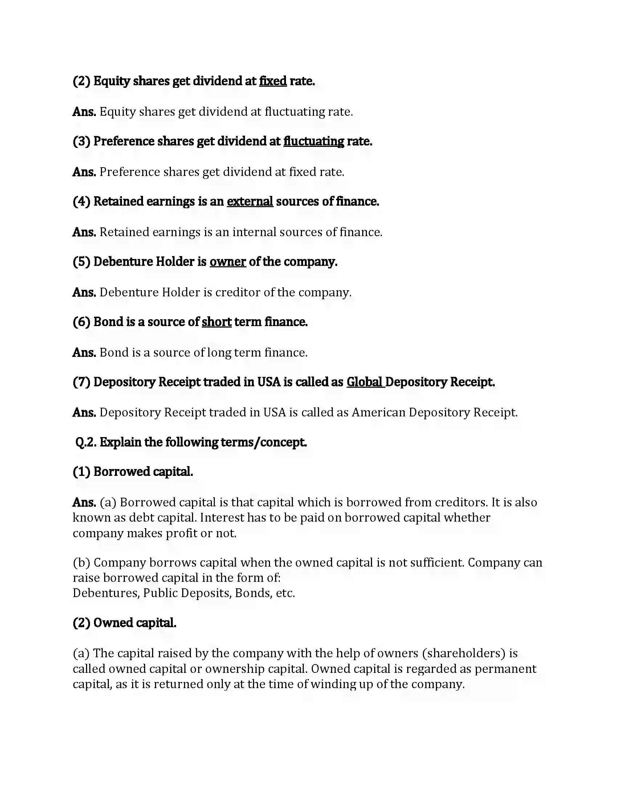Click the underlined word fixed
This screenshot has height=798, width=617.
tap(273, 81)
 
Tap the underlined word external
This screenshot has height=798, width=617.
tap(250, 201)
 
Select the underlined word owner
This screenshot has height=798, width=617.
tap(227, 262)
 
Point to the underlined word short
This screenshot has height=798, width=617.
tap(216, 322)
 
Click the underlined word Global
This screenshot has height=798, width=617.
tap(364, 382)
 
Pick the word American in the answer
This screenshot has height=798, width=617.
tap(378, 412)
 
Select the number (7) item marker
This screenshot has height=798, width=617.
tap(81, 382)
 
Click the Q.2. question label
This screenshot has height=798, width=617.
tap(86, 443)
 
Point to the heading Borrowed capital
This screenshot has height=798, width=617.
tap(143, 472)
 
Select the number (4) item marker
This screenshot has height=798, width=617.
tap(81, 201)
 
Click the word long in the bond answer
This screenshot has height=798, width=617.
tap(219, 353)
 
